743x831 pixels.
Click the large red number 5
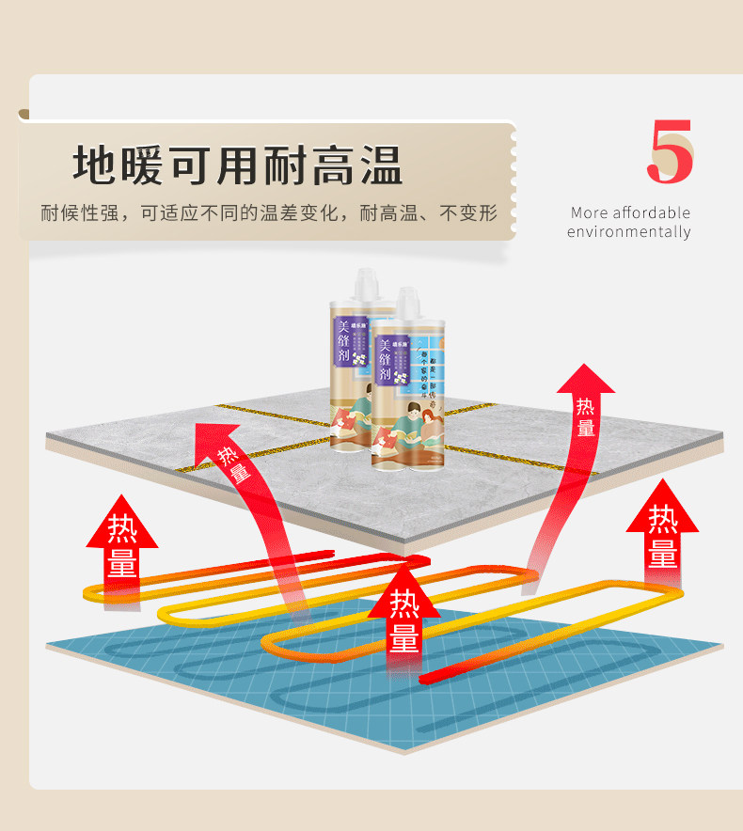click(x=670, y=152)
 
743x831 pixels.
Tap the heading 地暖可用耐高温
click(x=238, y=165)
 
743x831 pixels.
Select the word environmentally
click(x=628, y=232)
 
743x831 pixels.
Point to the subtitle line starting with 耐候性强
click(x=268, y=212)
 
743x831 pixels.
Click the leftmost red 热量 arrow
click(x=122, y=545)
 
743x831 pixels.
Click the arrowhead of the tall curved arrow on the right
click(x=585, y=378)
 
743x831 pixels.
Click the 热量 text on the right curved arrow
click(x=586, y=416)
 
